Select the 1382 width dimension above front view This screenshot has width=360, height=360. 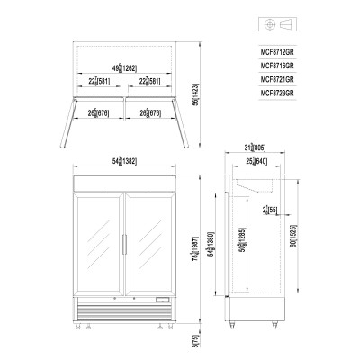pos(122,159)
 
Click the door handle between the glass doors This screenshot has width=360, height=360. pos(122,244)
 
